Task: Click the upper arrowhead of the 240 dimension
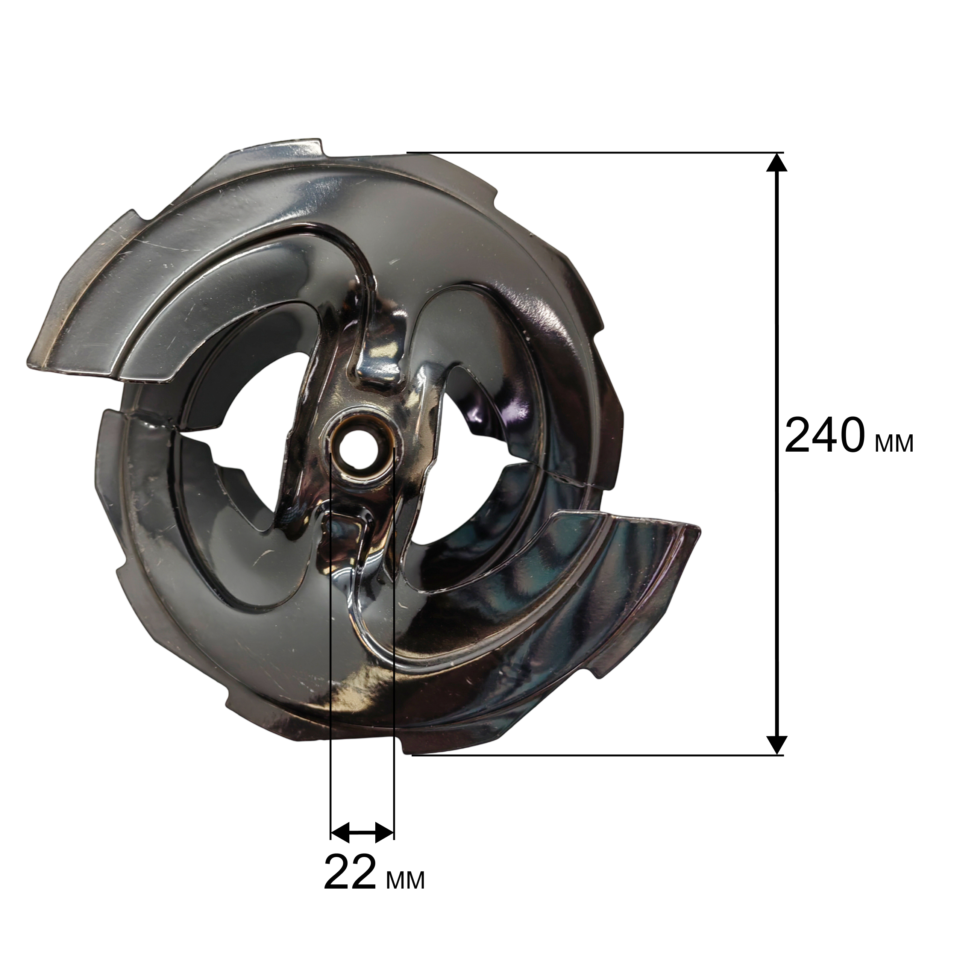[x=777, y=162]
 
